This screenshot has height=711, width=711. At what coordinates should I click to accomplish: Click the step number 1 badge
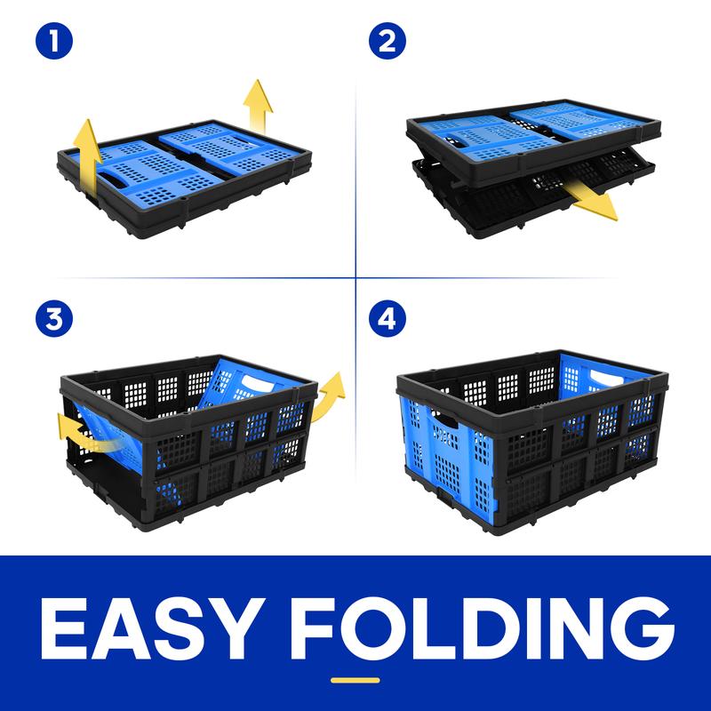[54, 41]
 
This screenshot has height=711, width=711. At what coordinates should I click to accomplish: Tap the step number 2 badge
[387, 41]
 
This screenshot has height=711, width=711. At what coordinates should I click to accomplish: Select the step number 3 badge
[54, 319]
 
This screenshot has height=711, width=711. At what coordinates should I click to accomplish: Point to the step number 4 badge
[387, 319]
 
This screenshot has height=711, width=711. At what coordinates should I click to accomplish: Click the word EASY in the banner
[153, 628]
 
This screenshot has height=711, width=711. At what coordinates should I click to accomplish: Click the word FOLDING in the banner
[483, 628]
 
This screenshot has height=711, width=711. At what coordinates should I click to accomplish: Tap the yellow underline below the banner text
[355, 680]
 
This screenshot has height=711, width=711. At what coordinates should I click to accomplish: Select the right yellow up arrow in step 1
[258, 107]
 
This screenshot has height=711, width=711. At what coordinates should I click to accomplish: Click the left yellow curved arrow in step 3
[86, 435]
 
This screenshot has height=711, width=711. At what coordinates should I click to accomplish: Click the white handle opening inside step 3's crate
[257, 382]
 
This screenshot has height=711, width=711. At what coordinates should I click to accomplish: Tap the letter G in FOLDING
[640, 628]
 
